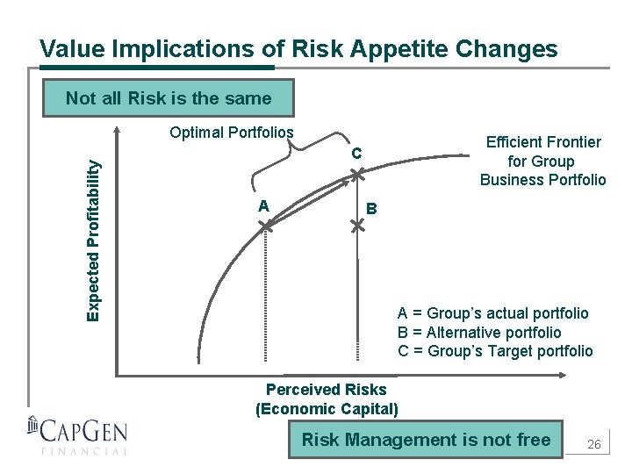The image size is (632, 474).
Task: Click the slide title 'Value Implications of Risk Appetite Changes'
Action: [x=298, y=48]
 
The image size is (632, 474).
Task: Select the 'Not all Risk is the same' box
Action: [x=169, y=98]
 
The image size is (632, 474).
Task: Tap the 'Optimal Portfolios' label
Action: [x=232, y=133]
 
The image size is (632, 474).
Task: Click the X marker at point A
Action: [x=266, y=226]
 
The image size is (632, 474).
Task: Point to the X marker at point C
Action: [x=357, y=176]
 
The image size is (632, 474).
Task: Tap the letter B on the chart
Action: [x=372, y=209]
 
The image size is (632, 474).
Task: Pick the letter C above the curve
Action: [x=356, y=154]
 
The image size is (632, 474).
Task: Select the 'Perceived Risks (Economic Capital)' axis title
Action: [x=326, y=399]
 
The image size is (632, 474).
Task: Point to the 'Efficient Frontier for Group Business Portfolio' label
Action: [x=542, y=161]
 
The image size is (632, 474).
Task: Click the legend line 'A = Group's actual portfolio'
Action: [x=492, y=313]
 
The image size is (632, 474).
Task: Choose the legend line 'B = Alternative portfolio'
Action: [x=478, y=333]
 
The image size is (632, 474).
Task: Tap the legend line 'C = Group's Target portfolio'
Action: [x=495, y=351]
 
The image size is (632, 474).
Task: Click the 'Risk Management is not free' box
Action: [x=426, y=440]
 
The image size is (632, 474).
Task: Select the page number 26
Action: [x=593, y=445]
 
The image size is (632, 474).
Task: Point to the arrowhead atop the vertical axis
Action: [x=117, y=134]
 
